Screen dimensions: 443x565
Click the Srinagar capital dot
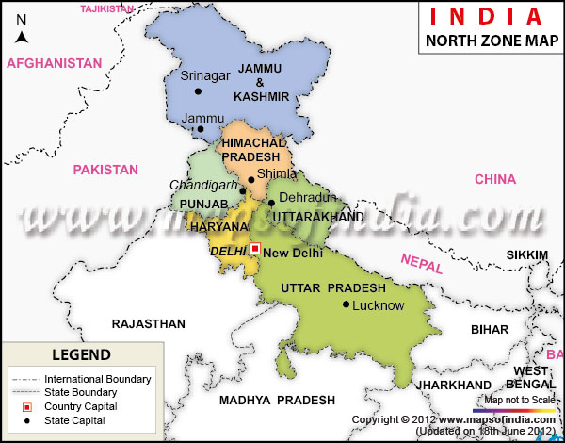(198, 91)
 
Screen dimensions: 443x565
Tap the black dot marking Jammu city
(201, 129)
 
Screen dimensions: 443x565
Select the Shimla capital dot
(250, 179)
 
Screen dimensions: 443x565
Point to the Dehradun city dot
(271, 203)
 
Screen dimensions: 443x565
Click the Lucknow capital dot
(347, 304)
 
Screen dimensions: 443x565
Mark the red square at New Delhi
(254, 249)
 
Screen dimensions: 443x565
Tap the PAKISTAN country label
(105, 170)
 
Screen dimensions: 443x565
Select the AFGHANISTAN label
(54, 63)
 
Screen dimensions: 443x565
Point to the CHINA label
(495, 179)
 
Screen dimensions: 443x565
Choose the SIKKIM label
(526, 255)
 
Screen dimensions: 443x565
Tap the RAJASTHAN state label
(148, 323)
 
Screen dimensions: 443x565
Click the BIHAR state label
(489, 329)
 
